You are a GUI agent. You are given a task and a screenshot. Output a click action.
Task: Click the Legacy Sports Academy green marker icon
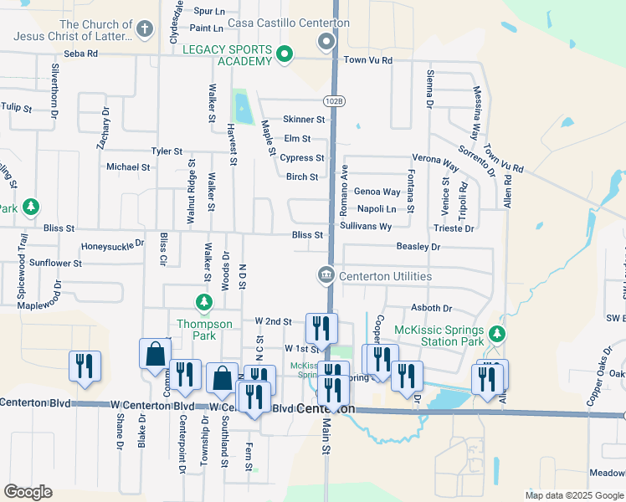click(285, 55)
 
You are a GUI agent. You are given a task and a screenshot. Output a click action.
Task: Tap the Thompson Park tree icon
click(202, 301)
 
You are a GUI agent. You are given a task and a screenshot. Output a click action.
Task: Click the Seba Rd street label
click(81, 53)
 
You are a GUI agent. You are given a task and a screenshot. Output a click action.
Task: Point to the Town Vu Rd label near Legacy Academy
click(367, 59)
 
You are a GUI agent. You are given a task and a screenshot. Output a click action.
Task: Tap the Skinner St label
click(303, 120)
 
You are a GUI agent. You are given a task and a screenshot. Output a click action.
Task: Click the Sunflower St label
click(55, 263)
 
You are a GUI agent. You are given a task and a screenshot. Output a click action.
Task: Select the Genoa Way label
click(377, 192)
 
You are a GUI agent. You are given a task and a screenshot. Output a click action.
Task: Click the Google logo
click(28, 491)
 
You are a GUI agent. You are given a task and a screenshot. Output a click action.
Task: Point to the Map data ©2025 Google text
click(574, 495)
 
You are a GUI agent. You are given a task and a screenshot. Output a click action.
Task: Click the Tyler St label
click(167, 151)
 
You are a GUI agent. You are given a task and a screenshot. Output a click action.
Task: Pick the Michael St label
click(128, 166)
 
